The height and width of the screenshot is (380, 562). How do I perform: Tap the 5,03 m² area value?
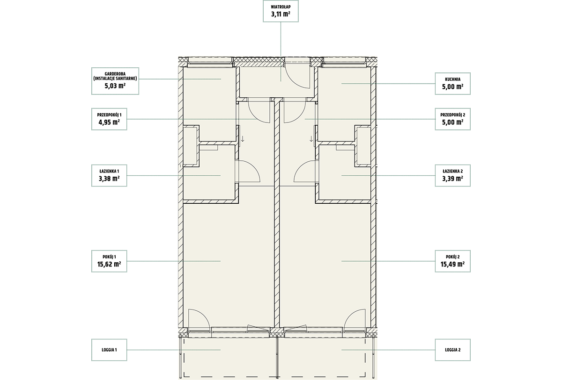click(x=115, y=86)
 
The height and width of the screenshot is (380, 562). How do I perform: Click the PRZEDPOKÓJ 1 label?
click(x=109, y=115)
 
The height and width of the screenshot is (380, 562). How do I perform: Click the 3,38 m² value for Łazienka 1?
click(x=109, y=179)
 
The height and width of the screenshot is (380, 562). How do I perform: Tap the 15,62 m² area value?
click(x=109, y=264)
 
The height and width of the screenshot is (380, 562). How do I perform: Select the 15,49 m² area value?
click(x=452, y=264)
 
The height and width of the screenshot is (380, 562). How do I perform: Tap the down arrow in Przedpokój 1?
click(x=243, y=139)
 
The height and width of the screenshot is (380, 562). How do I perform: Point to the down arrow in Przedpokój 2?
click(x=311, y=139)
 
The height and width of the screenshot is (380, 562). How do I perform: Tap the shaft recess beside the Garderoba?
click(x=191, y=146)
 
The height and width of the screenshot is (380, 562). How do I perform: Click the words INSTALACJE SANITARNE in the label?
click(x=115, y=79)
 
